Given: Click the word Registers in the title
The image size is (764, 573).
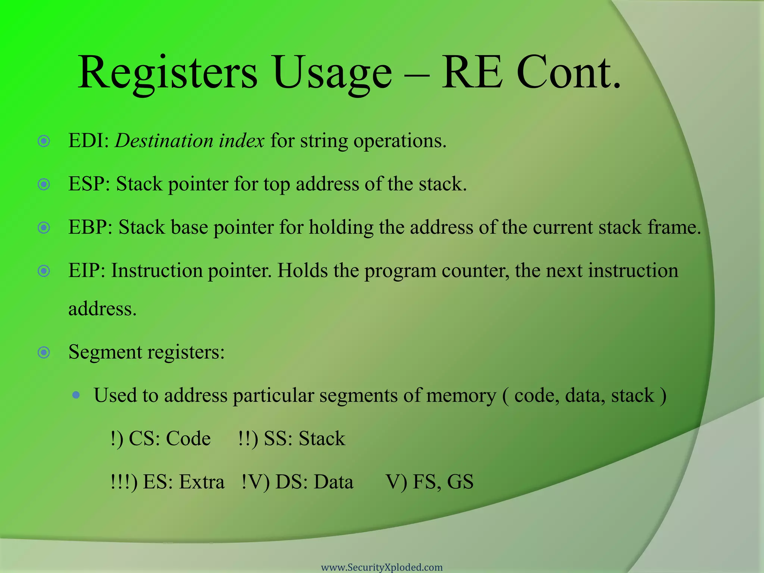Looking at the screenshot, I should point(167,73).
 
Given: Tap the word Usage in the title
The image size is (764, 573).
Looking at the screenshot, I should point(332,73).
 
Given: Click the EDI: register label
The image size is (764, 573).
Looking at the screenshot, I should point(89,141).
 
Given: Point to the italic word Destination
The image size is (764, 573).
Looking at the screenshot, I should point(163,141).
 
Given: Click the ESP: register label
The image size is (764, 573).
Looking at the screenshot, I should point(89,184).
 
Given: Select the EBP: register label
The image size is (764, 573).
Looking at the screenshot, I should point(90,227).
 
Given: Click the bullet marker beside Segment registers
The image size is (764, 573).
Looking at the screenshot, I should point(44,352).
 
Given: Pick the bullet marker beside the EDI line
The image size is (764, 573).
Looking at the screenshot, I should point(44,141).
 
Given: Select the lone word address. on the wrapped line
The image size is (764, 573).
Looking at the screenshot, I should point(103,309).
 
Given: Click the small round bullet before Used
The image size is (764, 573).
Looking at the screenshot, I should point(76,395).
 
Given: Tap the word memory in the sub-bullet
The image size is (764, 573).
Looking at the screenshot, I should point(461,395).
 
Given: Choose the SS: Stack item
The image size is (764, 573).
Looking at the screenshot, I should point(304,438).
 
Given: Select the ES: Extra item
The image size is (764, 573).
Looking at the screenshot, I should point(183,482).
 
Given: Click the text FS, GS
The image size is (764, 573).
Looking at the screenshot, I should point(443,482).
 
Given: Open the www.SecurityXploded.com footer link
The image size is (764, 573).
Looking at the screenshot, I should point(382,567).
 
